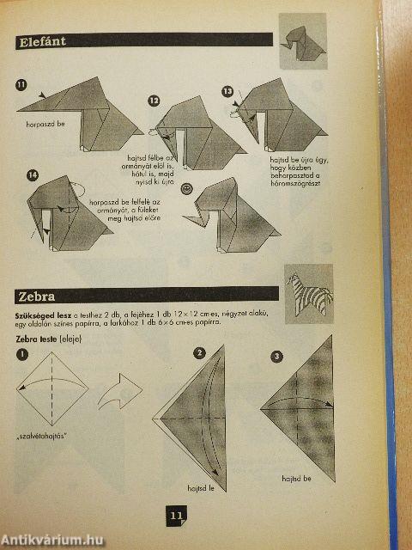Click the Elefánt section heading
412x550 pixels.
tap(43, 40)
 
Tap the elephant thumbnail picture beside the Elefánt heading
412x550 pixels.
tap(302, 40)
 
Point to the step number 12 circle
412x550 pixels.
tap(154, 101)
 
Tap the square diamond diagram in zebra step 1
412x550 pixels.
tap(51, 391)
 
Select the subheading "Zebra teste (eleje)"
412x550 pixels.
tap(53, 339)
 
